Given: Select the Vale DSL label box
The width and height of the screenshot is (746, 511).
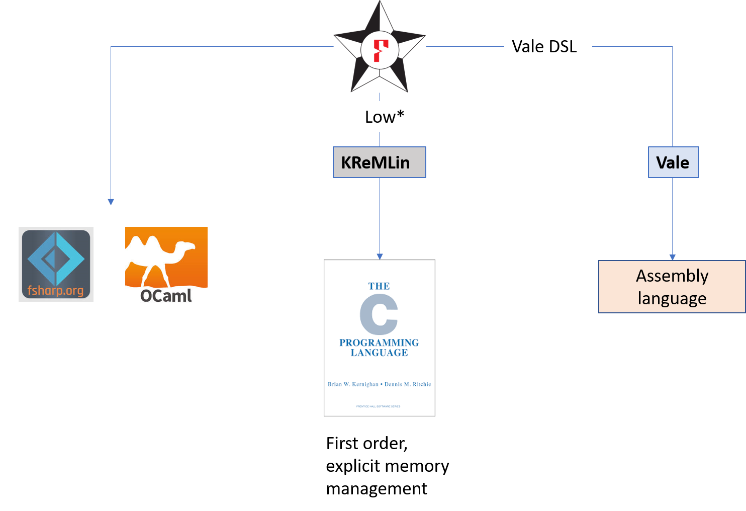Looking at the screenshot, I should pos(547,46).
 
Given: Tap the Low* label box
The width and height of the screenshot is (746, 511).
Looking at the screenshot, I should pos(387,117).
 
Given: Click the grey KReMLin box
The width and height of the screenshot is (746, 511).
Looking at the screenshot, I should pos(379,162).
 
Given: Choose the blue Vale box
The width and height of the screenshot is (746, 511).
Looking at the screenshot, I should pos(673,162).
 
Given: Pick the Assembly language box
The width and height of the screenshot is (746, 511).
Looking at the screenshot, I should pos(672,287).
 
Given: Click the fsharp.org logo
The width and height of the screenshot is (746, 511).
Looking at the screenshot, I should pos(56,264).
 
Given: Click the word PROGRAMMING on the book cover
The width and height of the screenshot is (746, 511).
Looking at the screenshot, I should pos(379,343).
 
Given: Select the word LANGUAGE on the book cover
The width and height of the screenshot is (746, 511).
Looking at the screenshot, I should pos(379,353).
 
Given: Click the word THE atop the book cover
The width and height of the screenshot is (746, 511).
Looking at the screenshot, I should pos(379,286).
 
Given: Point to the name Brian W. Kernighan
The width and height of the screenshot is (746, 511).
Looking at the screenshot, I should pos(353,384).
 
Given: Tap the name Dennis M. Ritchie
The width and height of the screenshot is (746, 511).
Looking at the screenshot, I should pos(408,384).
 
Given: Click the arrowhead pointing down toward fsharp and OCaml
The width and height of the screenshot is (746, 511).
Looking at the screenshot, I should pos(111,202).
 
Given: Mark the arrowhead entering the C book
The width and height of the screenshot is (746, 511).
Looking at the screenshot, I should pos(380,257).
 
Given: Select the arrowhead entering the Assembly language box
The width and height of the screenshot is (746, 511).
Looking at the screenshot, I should pos(673,257).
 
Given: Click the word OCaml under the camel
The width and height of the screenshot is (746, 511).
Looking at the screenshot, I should pos(166,296).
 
